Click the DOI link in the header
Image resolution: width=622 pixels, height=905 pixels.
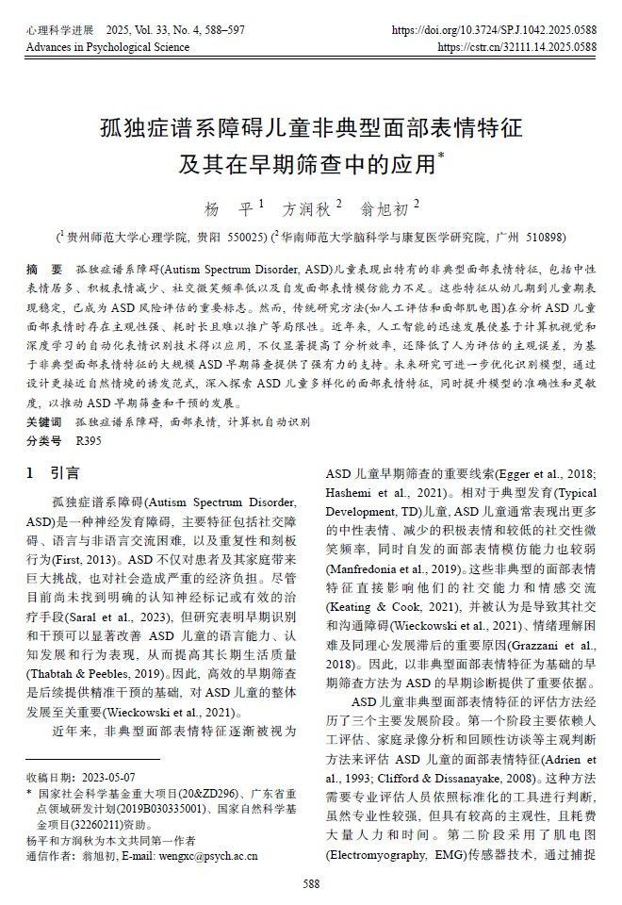tap(494, 31)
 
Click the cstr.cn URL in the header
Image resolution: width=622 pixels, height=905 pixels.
tap(517, 46)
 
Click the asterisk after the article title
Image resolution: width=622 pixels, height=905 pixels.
tap(441, 157)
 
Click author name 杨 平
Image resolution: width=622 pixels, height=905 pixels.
tap(231, 208)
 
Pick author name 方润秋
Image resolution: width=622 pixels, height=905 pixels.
tap(308, 208)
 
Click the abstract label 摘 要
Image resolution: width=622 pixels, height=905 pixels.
tap(44, 270)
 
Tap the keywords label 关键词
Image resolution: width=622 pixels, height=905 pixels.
tap(44, 421)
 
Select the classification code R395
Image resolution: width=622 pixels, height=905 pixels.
tap(89, 439)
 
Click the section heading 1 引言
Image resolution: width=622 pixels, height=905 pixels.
tap(53, 472)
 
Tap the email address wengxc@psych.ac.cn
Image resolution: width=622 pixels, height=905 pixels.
tap(202, 855)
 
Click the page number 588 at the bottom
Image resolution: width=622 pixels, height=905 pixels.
tap(311, 883)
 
